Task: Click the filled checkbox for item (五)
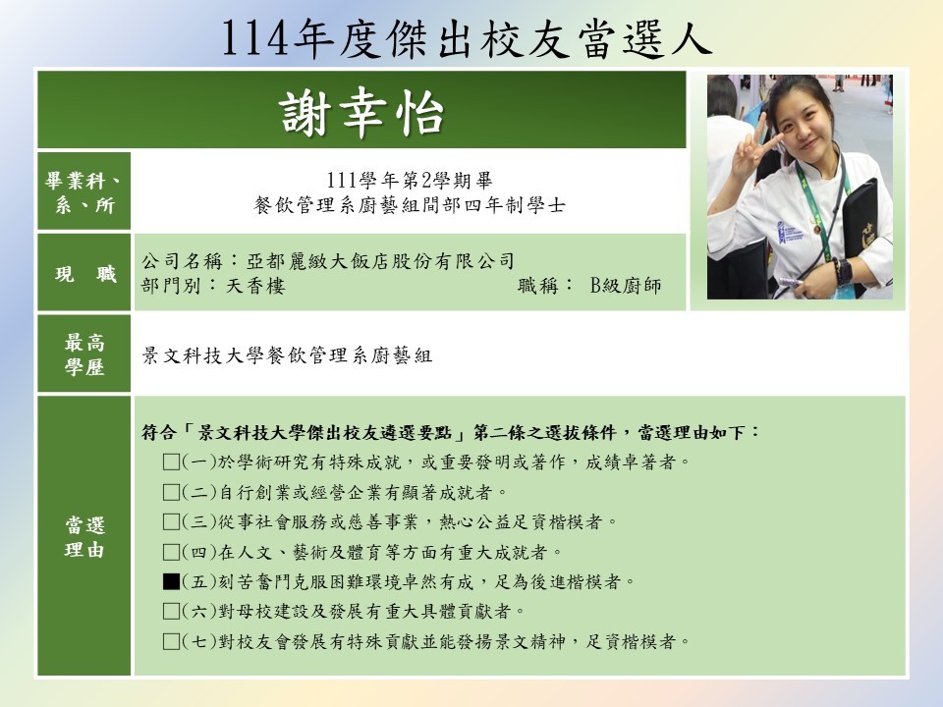(171, 581)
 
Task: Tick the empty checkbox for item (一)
(171, 462)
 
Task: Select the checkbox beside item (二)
(171, 492)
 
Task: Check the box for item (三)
(171, 521)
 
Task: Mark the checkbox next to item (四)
(171, 551)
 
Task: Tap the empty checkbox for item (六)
(171, 612)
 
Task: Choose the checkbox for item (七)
(171, 641)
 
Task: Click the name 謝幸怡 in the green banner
(361, 112)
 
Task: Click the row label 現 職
(84, 274)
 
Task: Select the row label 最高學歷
(84, 354)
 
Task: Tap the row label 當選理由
(84, 537)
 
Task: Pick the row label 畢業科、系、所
(83, 192)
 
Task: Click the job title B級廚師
(626, 285)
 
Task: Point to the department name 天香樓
(255, 285)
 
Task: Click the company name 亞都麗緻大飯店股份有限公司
(380, 261)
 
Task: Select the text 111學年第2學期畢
(409, 180)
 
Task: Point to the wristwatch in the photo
(843, 272)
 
